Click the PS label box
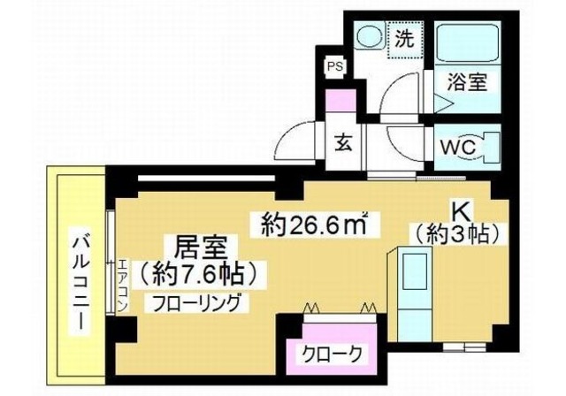335,66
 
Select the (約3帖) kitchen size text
457,234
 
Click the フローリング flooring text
196,301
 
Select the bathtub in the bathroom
468,44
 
